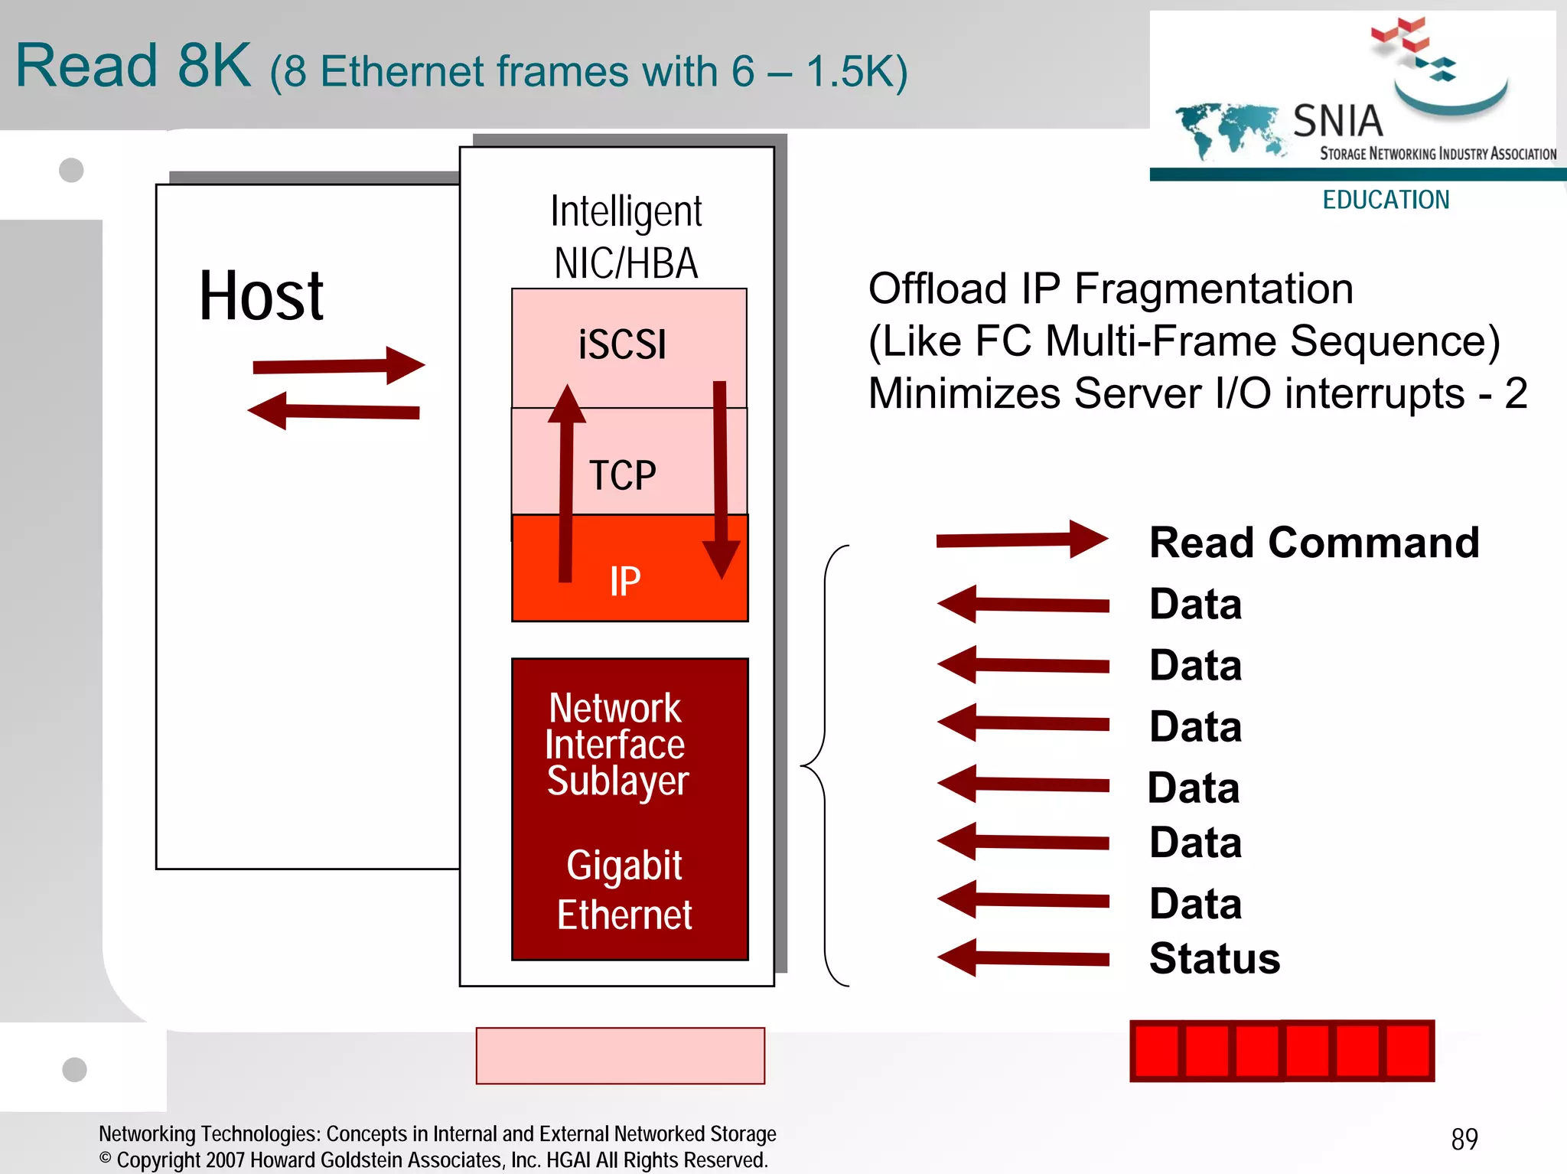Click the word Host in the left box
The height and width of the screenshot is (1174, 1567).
point(261,296)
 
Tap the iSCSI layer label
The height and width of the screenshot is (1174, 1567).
point(622,344)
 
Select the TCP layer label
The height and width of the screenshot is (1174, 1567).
point(622,475)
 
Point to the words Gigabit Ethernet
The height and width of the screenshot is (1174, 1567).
point(624,890)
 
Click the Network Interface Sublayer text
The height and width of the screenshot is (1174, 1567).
point(617,744)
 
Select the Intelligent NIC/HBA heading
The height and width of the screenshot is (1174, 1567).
point(626,236)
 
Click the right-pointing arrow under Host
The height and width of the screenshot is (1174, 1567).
point(338,366)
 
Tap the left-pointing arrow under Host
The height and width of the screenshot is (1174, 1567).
point(334,412)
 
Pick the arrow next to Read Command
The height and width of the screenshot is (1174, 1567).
point(1021,540)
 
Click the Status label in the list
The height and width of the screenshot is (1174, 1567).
point(1214,958)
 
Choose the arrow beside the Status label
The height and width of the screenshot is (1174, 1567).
point(1022,958)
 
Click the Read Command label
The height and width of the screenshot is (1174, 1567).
point(1314,543)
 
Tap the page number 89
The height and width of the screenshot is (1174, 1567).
point(1464,1139)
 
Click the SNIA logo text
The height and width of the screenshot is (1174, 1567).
point(1337,121)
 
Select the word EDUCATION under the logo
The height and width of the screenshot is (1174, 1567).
point(1386,200)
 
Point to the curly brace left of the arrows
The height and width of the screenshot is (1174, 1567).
point(825,765)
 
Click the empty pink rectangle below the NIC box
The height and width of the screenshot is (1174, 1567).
point(620,1055)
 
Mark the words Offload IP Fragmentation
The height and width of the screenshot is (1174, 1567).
point(1110,289)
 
